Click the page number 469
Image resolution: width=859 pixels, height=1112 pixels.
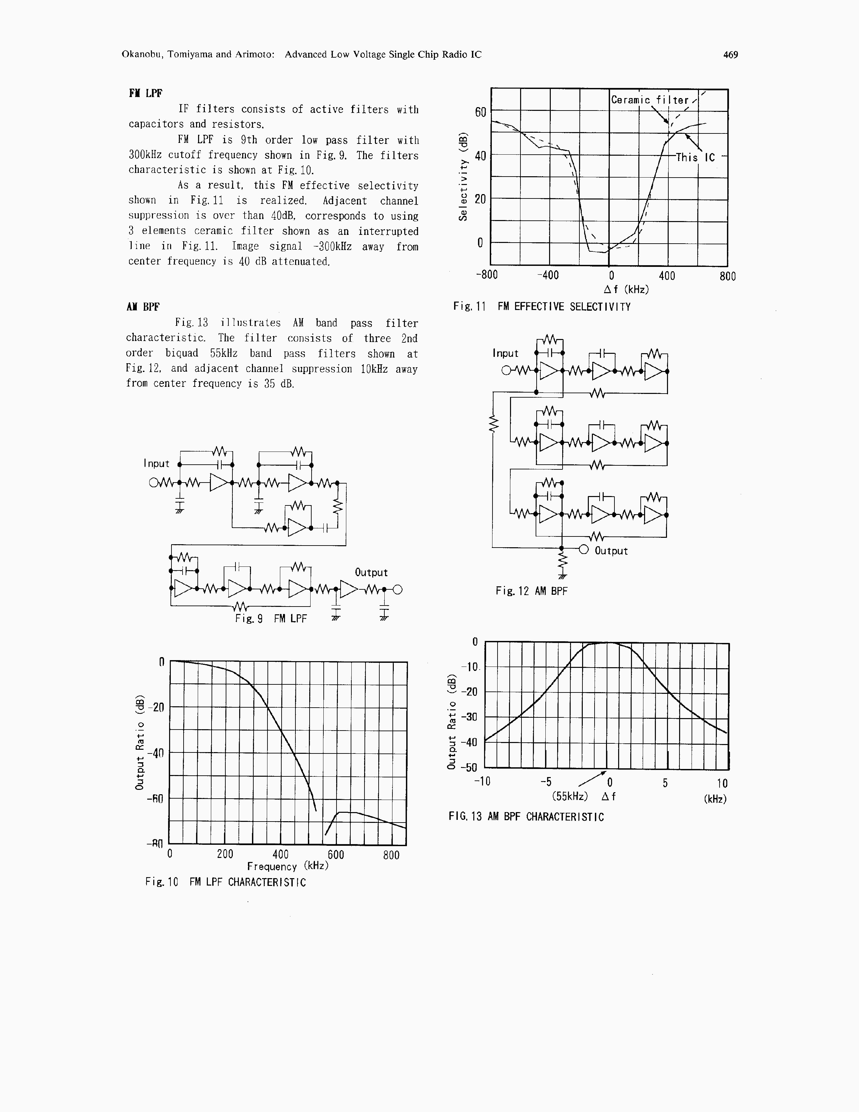click(730, 55)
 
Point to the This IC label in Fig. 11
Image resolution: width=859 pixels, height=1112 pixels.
click(695, 158)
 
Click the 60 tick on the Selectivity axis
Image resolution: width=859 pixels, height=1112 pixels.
click(480, 112)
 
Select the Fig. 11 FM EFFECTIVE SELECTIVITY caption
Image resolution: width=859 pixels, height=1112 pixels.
click(542, 307)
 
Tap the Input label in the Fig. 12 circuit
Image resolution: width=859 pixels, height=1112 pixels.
click(505, 353)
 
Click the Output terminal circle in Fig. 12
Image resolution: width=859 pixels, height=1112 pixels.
click(584, 549)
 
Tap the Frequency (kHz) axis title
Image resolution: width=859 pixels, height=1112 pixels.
click(288, 866)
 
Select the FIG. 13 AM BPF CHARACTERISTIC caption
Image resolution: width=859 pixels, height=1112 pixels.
click(526, 817)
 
